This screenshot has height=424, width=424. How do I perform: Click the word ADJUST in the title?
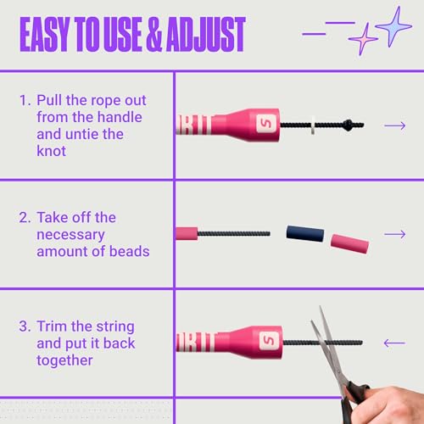205,34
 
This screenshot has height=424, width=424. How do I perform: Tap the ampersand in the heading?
154,34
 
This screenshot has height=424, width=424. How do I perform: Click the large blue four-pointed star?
393,26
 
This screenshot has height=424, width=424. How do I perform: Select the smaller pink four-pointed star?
363,39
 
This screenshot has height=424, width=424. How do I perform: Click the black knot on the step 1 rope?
348,125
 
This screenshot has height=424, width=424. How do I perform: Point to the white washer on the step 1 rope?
313,125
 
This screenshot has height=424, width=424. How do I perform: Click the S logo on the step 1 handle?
265,123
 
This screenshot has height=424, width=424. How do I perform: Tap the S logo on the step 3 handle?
269,341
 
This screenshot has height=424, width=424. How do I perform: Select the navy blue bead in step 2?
305,233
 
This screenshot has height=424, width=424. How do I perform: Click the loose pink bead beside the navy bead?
349,243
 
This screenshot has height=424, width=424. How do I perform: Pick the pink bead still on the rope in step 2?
187,234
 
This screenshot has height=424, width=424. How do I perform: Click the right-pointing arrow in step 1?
395,126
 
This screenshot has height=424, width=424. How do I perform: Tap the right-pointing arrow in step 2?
395,234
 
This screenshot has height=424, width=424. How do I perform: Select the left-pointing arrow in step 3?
394,343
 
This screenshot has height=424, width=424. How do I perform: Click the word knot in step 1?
52,151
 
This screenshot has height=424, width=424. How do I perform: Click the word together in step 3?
64,360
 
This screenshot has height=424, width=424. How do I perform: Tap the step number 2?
25,218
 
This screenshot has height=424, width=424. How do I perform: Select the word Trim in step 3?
53,326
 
